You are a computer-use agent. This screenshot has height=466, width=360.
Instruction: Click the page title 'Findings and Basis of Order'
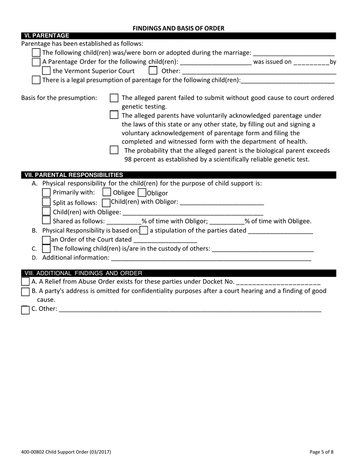tap(178, 28)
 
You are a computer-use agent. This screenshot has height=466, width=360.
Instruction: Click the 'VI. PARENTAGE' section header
tap(47, 36)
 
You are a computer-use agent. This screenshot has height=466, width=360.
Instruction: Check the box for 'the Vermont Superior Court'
tap(46, 71)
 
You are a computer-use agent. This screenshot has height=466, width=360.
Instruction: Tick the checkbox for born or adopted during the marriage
tap(36, 53)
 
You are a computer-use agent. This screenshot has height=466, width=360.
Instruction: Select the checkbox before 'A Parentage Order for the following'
tap(36, 62)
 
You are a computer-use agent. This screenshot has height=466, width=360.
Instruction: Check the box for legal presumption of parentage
tap(36, 80)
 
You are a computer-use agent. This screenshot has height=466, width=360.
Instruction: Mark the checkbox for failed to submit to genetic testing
tap(114, 98)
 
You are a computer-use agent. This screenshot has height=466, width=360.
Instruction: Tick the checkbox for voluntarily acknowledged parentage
tap(114, 115)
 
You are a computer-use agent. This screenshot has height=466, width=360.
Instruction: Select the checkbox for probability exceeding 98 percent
tap(114, 150)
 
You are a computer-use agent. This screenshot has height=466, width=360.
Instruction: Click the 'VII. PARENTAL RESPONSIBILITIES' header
tap(74, 175)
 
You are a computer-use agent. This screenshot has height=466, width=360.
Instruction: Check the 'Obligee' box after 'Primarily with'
tap(107, 192)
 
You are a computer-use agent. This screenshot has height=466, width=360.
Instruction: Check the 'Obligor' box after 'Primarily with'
tap(142, 192)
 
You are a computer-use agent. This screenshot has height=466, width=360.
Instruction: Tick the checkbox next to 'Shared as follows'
tap(46, 220)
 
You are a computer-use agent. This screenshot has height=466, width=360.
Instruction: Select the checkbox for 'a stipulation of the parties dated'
tap(144, 230)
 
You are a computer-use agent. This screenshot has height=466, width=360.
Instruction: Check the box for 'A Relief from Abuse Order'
tap(25, 281)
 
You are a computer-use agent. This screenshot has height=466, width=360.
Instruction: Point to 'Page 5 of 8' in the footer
tap(321, 452)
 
